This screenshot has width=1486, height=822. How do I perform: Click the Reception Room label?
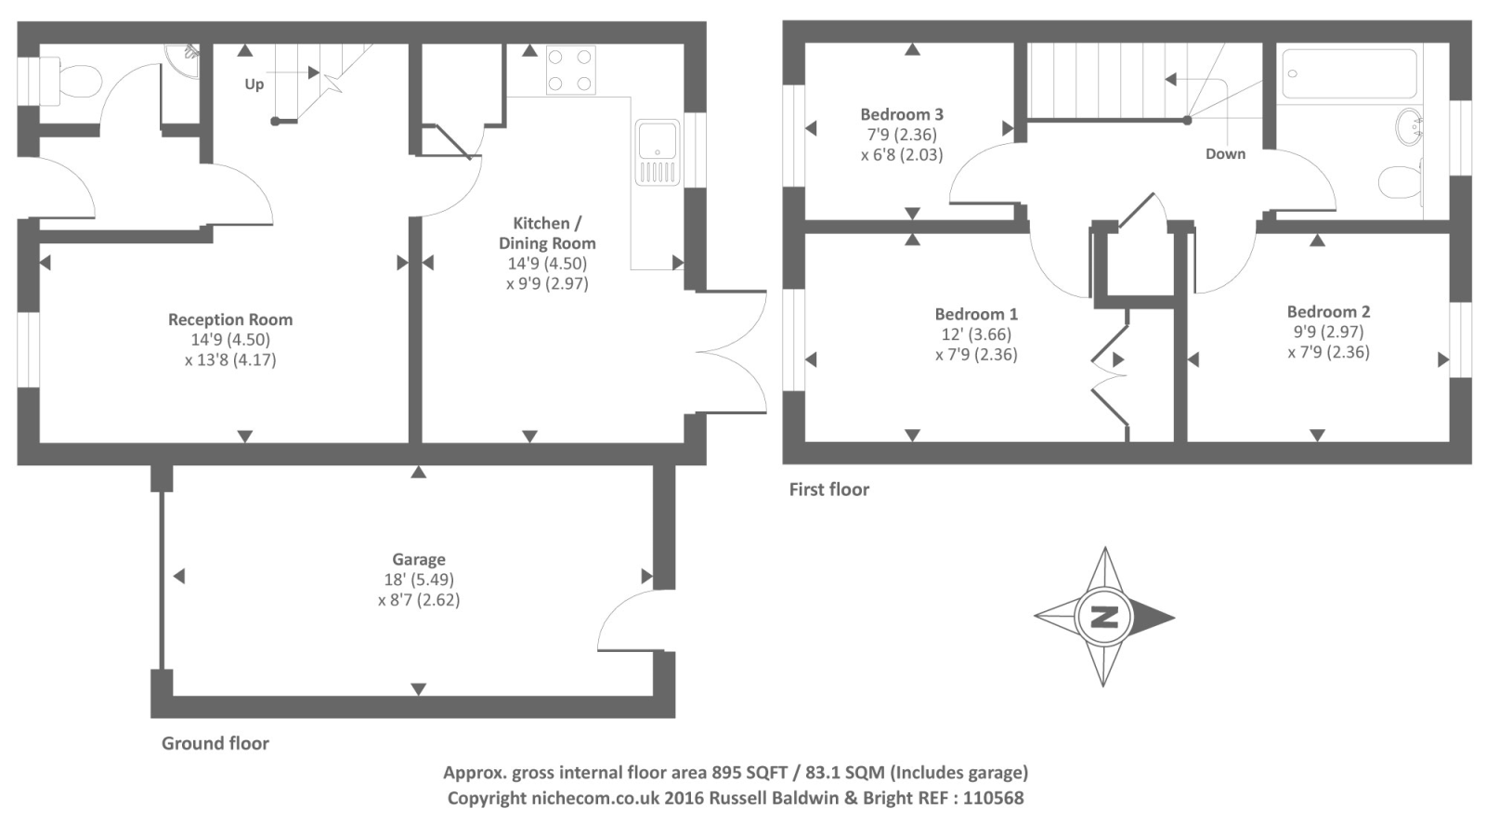pyautogui.click(x=230, y=320)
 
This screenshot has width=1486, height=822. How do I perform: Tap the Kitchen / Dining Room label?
pyautogui.click(x=547, y=233)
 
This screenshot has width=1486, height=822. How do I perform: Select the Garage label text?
pyautogui.click(x=418, y=559)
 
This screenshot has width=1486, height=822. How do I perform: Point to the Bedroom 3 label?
pyautogui.click(x=901, y=114)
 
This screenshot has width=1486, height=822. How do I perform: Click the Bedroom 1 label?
pyautogui.click(x=975, y=314)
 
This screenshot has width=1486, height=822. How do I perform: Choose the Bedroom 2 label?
pyautogui.click(x=1328, y=312)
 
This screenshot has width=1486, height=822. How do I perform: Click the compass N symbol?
pyautogui.click(x=1103, y=617)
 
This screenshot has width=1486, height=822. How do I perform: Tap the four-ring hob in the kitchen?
pyautogui.click(x=570, y=70)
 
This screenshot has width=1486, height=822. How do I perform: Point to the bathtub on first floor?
pyautogui.click(x=1349, y=73)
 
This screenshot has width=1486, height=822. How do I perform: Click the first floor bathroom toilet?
pyautogui.click(x=1401, y=181)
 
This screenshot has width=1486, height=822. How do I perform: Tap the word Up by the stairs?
pyautogui.click(x=254, y=85)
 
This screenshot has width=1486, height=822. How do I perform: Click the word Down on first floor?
pyautogui.click(x=1225, y=154)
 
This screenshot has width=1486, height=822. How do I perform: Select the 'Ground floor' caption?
pyautogui.click(x=215, y=743)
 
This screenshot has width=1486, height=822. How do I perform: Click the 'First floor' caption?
pyautogui.click(x=828, y=489)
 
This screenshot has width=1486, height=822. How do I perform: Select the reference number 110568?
pyautogui.click(x=993, y=798)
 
